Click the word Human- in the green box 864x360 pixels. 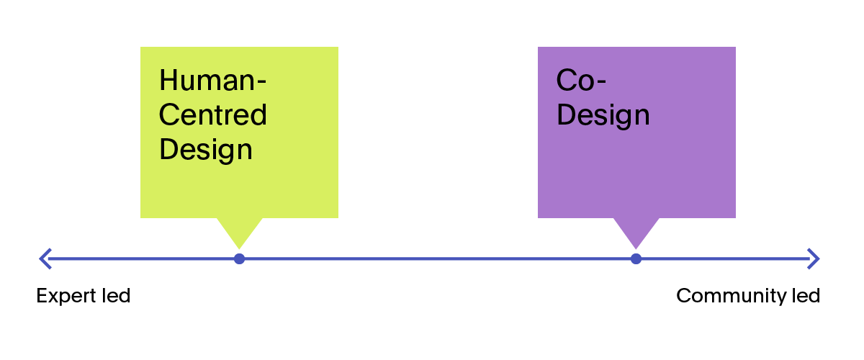212,80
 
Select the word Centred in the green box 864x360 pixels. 212,114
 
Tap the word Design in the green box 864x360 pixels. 206,149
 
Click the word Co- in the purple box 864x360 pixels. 580,80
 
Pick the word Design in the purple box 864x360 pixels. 603,114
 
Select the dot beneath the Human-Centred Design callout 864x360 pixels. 240,258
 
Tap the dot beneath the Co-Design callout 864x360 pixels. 636,258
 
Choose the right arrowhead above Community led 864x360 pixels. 814,258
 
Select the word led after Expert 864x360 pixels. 116,296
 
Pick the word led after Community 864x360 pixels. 806,296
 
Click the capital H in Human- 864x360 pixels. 168,80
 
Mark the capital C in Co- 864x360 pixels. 567,80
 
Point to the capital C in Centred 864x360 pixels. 168,114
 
